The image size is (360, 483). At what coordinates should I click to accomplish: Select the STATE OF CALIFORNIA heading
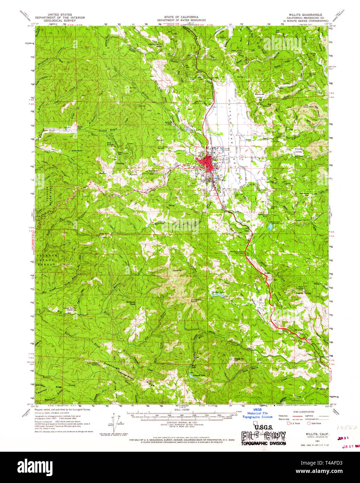pyautogui.click(x=181, y=17)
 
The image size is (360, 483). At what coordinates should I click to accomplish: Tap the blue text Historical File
pyautogui.click(x=257, y=413)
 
